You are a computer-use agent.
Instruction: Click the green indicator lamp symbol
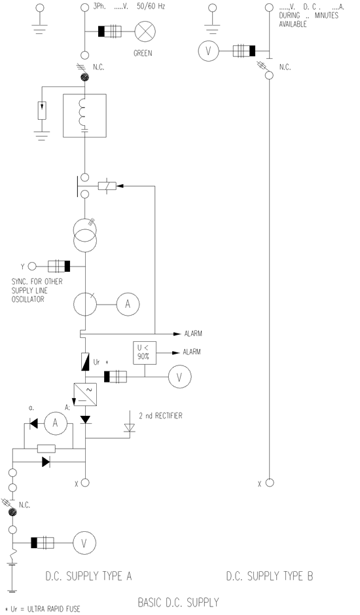(145, 31)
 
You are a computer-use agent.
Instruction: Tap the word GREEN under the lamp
(143, 53)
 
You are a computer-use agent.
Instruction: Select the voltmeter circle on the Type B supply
(208, 51)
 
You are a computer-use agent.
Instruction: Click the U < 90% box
(144, 352)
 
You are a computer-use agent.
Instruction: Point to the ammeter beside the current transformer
(128, 304)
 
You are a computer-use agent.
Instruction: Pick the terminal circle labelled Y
(32, 267)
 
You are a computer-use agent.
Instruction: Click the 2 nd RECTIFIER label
(161, 416)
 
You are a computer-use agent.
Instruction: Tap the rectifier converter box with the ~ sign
(85, 394)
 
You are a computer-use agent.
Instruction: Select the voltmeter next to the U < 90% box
(179, 377)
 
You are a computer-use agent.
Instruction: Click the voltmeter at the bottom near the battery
(84, 543)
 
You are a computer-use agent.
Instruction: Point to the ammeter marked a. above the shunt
(55, 423)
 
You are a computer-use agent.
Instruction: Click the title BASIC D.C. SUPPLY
(178, 602)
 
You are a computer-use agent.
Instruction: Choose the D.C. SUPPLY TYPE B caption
(270, 576)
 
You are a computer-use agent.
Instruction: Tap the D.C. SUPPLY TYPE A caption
(88, 576)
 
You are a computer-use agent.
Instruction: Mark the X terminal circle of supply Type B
(270, 483)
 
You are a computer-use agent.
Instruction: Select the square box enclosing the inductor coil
(84, 115)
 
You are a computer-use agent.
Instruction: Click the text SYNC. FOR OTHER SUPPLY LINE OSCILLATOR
(37, 290)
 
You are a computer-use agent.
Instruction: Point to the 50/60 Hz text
(151, 7)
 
